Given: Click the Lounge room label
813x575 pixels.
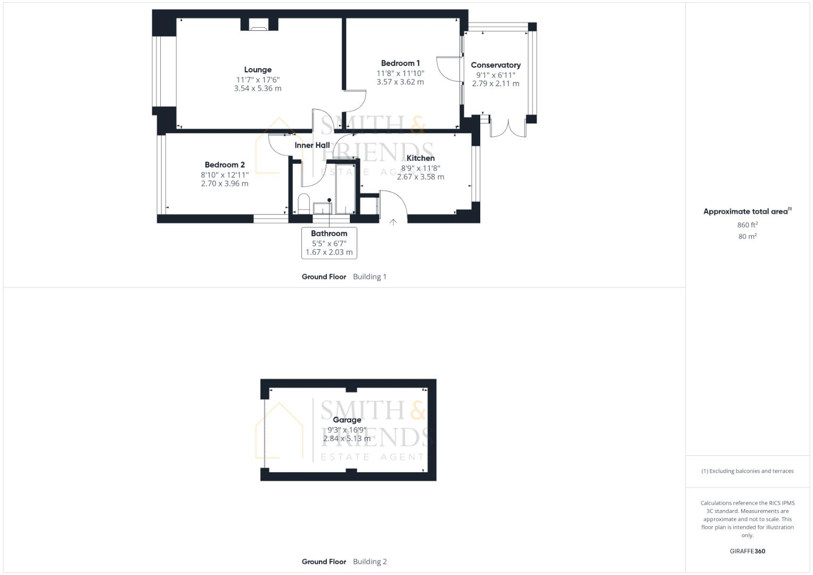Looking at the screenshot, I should coord(258,70).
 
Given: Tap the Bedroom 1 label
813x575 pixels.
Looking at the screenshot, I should coord(400,63).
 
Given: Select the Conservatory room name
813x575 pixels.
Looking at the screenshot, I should coord(496,65).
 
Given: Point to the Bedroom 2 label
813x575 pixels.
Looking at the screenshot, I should coord(225,165).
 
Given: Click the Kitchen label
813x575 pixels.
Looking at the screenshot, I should coord(421,158).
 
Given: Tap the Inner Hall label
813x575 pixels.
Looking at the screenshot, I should coord(312,145).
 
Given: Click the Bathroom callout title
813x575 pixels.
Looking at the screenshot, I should coord(329,233).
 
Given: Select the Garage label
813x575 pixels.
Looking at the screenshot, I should coord(347,420).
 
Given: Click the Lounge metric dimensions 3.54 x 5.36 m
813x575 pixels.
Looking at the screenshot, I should coord(258,88).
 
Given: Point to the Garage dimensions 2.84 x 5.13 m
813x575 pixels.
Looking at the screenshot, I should coord(347,439).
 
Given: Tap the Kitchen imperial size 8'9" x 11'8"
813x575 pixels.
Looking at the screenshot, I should coord(421,168).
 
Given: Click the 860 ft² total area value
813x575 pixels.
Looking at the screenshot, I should coord(748,225).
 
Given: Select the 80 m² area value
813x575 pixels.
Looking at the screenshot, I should coord(748,236).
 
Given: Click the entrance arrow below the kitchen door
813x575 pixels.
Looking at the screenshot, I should coord(393,222).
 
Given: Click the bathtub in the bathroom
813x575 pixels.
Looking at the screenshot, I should coord(342,186).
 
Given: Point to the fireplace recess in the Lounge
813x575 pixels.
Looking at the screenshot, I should coord(259,24).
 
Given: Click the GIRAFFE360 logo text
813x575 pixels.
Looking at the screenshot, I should coord(748,551).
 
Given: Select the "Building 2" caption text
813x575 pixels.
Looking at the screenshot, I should coord(370,562).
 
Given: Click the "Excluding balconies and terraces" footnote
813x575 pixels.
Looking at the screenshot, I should coord(748,471).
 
